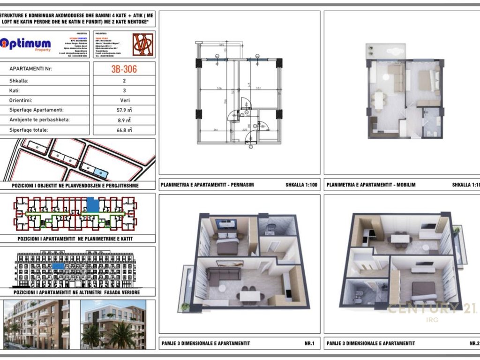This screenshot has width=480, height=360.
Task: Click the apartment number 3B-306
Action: pyautogui.click(x=124, y=69)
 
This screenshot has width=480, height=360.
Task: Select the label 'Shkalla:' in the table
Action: pyautogui.click(x=19, y=80)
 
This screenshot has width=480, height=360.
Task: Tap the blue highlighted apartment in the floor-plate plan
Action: pyautogui.click(x=93, y=204)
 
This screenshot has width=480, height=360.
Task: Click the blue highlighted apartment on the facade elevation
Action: pyautogui.click(x=58, y=266)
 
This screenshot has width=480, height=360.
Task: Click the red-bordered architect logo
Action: pyautogui.click(x=143, y=45)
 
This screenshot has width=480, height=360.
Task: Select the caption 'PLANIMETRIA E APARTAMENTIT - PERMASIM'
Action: pyautogui.click(x=207, y=185)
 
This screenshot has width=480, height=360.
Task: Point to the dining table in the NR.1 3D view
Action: pyautogui.click(x=250, y=296)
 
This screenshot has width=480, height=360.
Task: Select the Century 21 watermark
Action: pyautogui.click(x=432, y=309)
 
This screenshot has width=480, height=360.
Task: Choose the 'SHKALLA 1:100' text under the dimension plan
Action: pyautogui.click(x=301, y=185)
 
